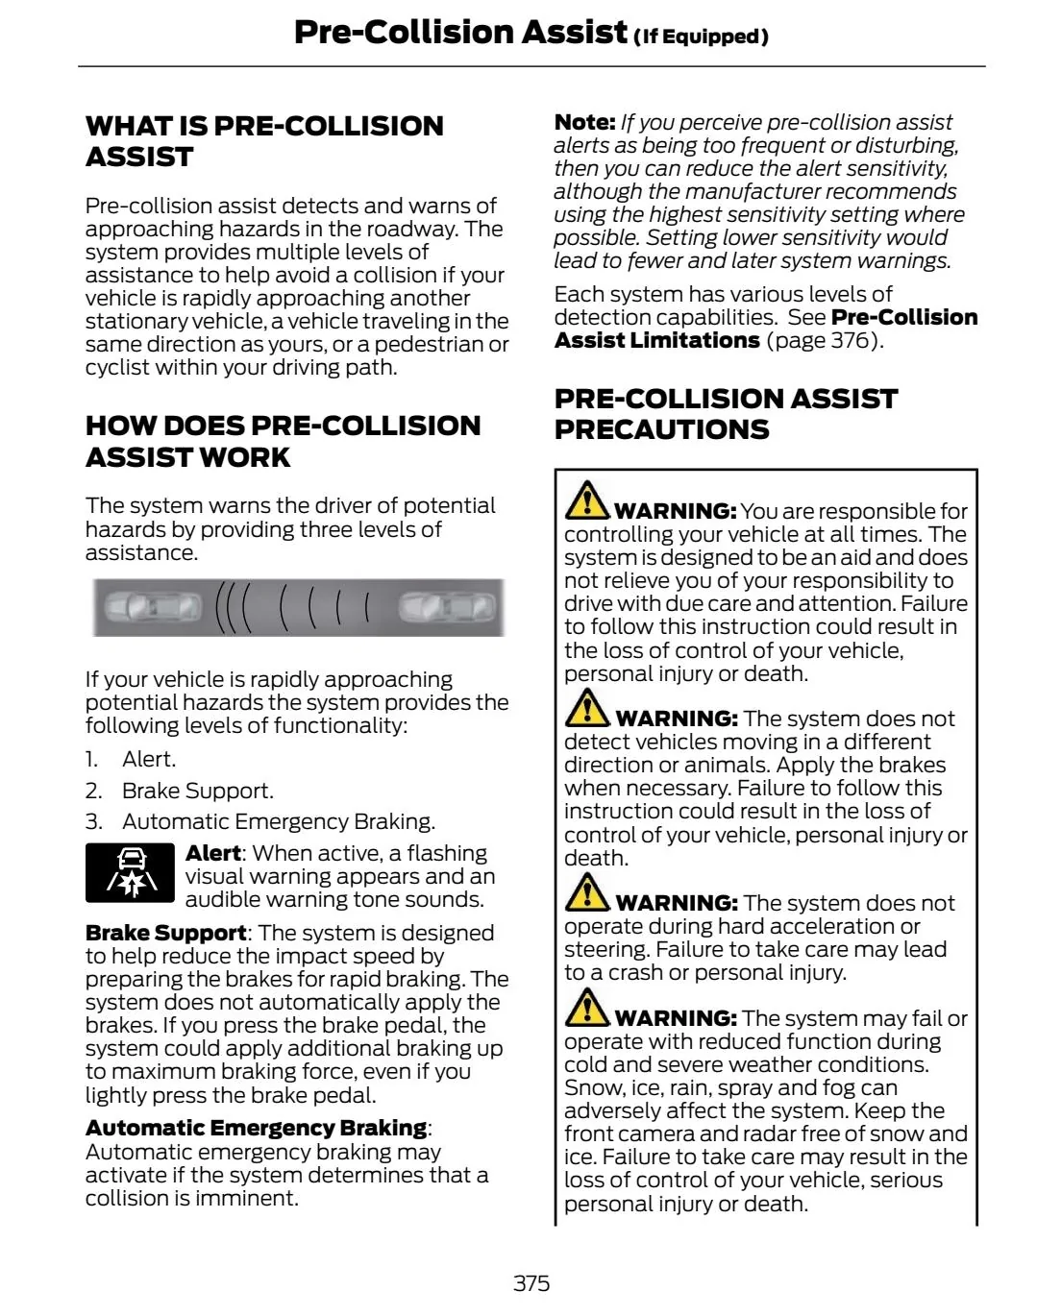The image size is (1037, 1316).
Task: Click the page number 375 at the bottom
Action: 531,1283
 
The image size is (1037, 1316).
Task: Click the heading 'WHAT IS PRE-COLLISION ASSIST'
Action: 264,141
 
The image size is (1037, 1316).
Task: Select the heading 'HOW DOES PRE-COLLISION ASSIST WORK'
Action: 283,441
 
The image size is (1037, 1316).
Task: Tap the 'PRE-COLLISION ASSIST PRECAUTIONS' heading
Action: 726,414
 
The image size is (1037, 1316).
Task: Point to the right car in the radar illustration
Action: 447,607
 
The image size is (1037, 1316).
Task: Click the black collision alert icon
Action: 130,873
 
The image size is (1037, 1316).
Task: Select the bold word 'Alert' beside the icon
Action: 212,853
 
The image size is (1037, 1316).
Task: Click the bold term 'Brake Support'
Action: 165,933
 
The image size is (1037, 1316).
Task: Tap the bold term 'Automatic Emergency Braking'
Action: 256,1128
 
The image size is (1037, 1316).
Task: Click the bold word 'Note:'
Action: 584,122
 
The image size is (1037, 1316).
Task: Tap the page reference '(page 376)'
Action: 824,340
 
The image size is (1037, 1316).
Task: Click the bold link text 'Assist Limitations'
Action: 656,340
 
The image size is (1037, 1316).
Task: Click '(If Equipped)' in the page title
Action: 701,37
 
